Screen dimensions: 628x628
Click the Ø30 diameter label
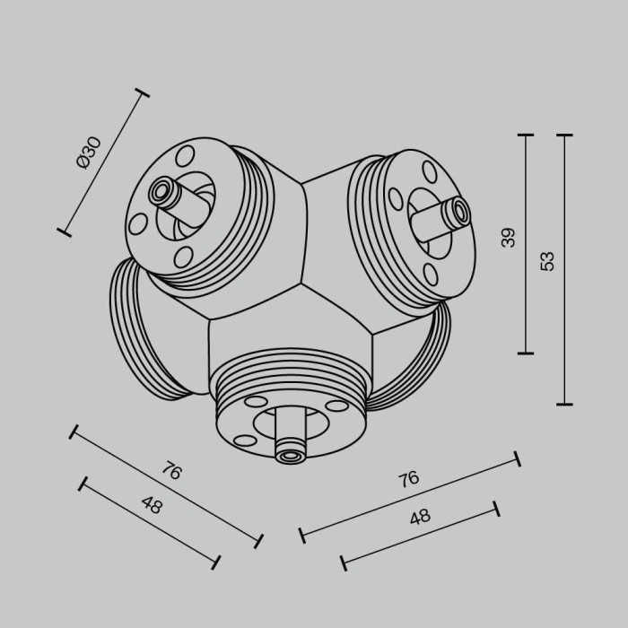point(90,153)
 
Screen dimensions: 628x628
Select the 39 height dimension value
point(509,237)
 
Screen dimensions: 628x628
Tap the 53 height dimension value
point(548,260)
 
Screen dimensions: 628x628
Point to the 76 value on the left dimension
point(171,470)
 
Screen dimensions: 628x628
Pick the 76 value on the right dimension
point(409,478)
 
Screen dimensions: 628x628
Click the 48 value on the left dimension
point(152,504)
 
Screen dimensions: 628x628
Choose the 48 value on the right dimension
point(419,516)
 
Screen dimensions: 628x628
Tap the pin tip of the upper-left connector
point(163,190)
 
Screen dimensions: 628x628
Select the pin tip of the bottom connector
point(290,456)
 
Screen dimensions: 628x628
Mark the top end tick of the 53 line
point(564,135)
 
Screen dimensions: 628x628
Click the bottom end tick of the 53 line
point(564,405)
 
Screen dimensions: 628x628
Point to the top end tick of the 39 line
point(526,135)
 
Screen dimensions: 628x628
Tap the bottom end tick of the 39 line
point(526,353)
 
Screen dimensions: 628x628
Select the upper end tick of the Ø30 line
point(141,92)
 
